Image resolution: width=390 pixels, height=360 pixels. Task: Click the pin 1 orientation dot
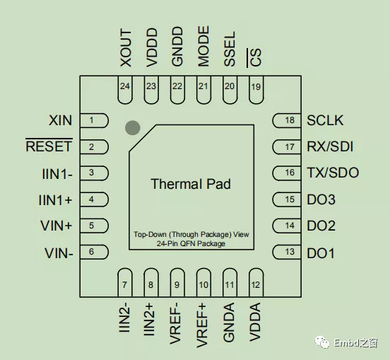point(133,128)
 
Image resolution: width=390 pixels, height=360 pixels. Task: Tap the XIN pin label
point(61,120)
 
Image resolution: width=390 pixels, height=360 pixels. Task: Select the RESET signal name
point(49,146)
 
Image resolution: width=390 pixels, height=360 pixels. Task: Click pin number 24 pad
point(125,90)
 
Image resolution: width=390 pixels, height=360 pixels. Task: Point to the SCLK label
point(325,120)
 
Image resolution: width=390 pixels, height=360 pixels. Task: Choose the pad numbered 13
point(287,252)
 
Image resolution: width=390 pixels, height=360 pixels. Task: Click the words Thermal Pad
point(191,184)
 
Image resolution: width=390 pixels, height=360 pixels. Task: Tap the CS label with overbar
point(254,58)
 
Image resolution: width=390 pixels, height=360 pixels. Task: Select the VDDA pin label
point(255,322)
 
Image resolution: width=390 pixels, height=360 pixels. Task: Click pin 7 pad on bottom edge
point(125,283)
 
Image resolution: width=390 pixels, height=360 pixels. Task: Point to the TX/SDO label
point(333,173)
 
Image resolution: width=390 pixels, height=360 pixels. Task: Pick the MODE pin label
point(203,46)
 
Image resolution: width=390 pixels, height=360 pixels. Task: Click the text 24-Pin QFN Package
point(191,243)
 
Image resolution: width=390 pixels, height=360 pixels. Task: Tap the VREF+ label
point(202,325)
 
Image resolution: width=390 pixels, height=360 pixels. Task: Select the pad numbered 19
point(256,90)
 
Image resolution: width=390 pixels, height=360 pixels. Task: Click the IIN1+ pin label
point(56,199)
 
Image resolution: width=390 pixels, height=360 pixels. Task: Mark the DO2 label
point(321,226)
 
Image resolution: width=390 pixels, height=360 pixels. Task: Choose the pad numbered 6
point(94,252)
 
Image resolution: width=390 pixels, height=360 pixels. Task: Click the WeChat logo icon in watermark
point(322,342)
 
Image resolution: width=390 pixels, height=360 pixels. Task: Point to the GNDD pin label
point(177,47)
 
